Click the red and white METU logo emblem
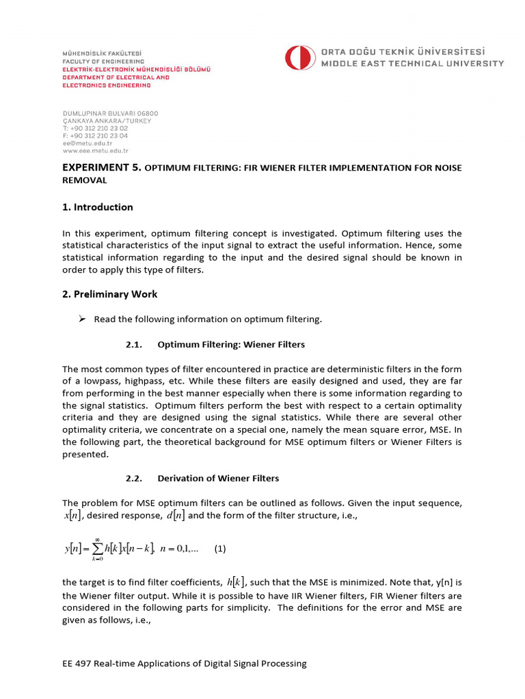point(299,58)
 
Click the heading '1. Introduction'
point(98,208)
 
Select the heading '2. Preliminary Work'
point(110,294)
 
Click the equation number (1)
point(219,548)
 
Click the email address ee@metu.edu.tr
point(85,144)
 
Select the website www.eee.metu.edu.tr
point(95,152)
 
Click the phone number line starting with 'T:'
point(95,128)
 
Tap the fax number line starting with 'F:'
point(95,136)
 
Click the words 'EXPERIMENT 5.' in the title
point(101,168)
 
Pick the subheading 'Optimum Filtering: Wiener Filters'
point(231,345)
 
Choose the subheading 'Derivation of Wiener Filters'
point(218,479)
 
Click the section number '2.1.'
point(133,345)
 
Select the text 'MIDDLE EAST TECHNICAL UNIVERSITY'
point(412,63)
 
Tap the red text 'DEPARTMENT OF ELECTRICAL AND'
point(116,78)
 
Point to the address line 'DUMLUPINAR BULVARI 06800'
point(110,113)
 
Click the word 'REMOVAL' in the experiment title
point(85,181)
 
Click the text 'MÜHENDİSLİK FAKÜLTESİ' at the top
point(103,53)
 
